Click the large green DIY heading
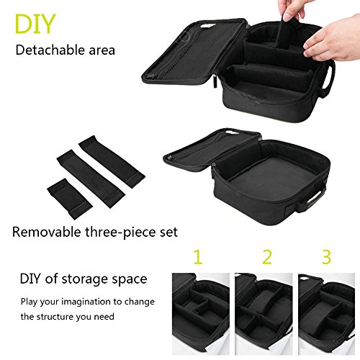pos(35,24)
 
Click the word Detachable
pos(50,50)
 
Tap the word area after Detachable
pos(102,50)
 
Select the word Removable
pos(47,232)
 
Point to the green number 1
pos(198,257)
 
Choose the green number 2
pos(267,257)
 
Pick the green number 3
pos(327,257)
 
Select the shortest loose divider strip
pos(70,199)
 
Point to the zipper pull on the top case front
pos(215,81)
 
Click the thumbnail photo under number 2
pos(264,314)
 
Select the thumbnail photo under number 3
pos(327,314)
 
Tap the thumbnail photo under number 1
pos(201,314)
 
